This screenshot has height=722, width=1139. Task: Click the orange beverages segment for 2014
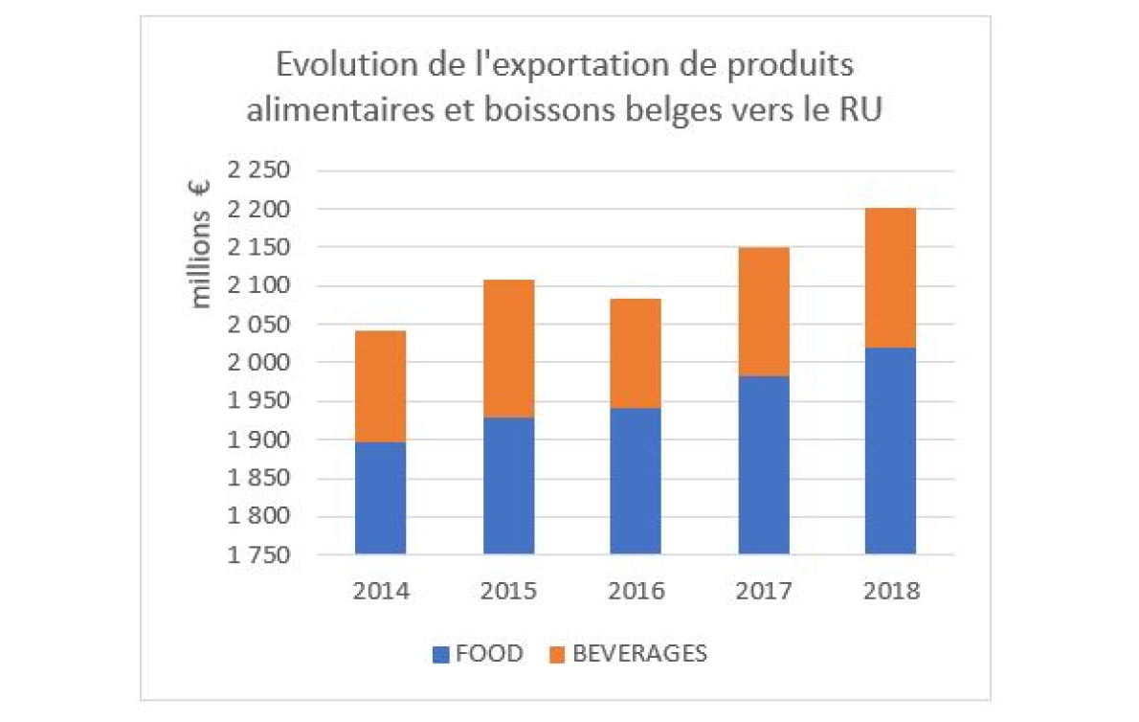pyautogui.click(x=380, y=386)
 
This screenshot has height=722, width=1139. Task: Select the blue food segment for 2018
pyautogui.click(x=890, y=450)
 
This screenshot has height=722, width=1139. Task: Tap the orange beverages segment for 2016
pyautogui.click(x=636, y=353)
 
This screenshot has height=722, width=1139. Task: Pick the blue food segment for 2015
pyautogui.click(x=508, y=485)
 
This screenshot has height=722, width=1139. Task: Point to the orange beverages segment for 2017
pyautogui.click(x=763, y=311)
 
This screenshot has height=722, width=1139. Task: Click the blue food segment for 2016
pyautogui.click(x=636, y=481)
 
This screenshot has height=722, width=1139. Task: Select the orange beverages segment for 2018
pyautogui.click(x=890, y=278)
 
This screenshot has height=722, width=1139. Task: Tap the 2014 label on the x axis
pyautogui.click(x=380, y=590)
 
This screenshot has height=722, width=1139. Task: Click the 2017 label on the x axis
pyautogui.click(x=763, y=590)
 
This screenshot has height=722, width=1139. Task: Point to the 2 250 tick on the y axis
pyautogui.click(x=257, y=171)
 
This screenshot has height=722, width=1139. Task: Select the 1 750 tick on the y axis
pyautogui.click(x=257, y=555)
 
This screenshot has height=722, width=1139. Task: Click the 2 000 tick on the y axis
pyautogui.click(x=257, y=363)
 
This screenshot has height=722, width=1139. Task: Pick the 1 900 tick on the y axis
pyautogui.click(x=257, y=440)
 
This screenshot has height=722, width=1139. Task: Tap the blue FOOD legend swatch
pyautogui.click(x=440, y=655)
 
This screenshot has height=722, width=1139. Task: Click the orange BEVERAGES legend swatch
pyautogui.click(x=557, y=655)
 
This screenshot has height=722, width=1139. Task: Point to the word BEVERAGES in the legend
pyautogui.click(x=639, y=655)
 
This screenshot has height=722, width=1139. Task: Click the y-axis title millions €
pyautogui.click(x=201, y=245)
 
